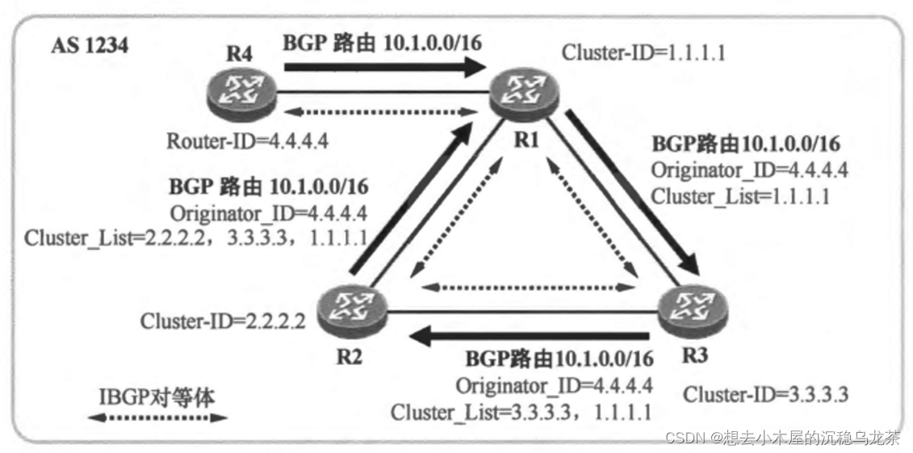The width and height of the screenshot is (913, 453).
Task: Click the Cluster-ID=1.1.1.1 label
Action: click(x=643, y=54)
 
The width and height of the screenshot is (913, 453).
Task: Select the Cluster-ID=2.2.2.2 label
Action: click(x=223, y=321)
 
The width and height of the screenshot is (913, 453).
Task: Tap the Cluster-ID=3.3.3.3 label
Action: click(x=765, y=394)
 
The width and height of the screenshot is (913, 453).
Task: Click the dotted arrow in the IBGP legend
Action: click(x=157, y=418)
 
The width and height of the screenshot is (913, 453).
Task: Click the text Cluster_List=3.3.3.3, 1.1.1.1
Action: click(x=521, y=412)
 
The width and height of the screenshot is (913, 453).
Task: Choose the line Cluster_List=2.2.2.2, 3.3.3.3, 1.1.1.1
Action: click(x=197, y=237)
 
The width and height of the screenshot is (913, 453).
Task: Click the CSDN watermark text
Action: click(x=781, y=438)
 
